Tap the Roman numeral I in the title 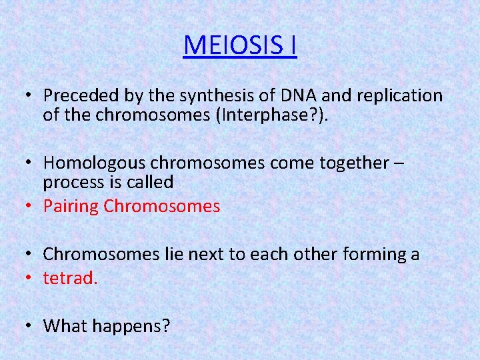[292, 45]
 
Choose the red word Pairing [71, 207]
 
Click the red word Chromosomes [162, 207]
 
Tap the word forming [374, 254]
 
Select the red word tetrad [70, 278]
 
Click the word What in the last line [65, 326]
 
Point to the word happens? [131, 327]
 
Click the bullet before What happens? [31, 326]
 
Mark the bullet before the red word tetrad [31, 278]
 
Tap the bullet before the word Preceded [31, 96]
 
